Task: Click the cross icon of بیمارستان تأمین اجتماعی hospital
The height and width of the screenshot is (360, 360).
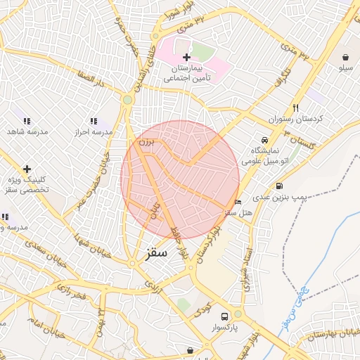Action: point(186,57)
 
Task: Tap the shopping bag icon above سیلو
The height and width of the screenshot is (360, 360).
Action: point(347,57)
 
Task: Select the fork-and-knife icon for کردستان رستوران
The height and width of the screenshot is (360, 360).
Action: point(296,108)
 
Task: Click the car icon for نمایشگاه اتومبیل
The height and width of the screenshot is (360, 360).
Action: point(264,140)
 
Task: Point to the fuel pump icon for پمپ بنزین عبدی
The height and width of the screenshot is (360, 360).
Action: point(281,187)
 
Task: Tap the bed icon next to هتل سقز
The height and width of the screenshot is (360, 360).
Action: point(238,202)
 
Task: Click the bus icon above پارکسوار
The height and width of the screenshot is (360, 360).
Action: point(224,316)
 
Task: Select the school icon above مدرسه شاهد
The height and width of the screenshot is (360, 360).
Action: point(27,121)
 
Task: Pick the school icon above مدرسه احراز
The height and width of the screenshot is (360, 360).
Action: point(94,121)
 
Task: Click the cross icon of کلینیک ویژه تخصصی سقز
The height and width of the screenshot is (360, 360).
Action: point(27,169)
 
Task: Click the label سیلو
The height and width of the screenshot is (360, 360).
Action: point(345,69)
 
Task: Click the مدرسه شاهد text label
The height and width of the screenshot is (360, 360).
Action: point(26,132)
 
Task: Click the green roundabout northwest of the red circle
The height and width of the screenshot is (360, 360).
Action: point(127,100)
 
